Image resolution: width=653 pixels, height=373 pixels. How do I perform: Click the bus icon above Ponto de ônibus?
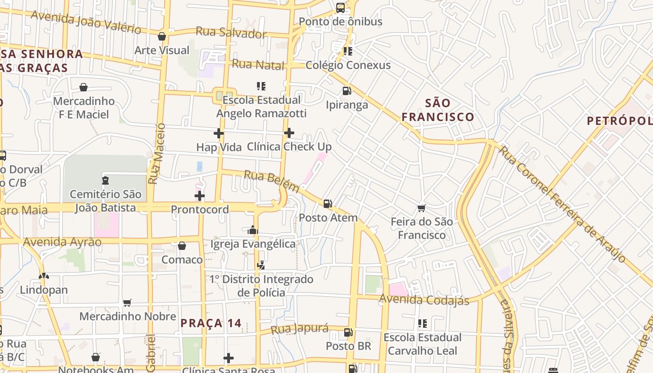pyautogui.click(x=340, y=7)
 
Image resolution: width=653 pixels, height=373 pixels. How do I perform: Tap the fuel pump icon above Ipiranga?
pyautogui.click(x=347, y=90)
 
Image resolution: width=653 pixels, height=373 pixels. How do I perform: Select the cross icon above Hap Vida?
pyautogui.click(x=218, y=133)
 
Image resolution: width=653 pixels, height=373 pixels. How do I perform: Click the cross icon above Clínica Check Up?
pyautogui.click(x=289, y=133)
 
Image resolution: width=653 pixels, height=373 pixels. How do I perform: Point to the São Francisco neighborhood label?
pyautogui.click(x=438, y=110)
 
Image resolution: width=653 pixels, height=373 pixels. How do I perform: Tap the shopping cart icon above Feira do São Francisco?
pyautogui.click(x=422, y=208)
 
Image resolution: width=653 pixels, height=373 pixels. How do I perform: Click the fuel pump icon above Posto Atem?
pyautogui.click(x=328, y=203)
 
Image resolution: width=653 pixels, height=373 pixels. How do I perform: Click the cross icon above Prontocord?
pyautogui.click(x=200, y=195)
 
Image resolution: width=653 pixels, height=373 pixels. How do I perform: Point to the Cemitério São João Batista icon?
pyautogui.click(x=105, y=180)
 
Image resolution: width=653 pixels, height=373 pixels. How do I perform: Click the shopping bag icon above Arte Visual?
pyautogui.click(x=162, y=36)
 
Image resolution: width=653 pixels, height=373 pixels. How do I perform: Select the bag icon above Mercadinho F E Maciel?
pyautogui.click(x=83, y=87)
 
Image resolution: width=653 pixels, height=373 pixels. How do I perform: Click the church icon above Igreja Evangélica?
pyautogui.click(x=253, y=230)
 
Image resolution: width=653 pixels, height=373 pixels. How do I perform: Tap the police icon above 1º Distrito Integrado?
pyautogui.click(x=261, y=265)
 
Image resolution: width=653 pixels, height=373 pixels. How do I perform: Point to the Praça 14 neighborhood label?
pyautogui.click(x=211, y=323)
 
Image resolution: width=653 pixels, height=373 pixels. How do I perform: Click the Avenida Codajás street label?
pyautogui.click(x=424, y=300)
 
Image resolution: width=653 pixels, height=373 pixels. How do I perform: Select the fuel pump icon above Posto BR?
pyautogui.click(x=348, y=332)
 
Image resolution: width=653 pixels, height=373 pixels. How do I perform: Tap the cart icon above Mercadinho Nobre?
pyautogui.click(x=127, y=303)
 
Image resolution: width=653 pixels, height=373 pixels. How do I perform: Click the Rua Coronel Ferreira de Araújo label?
pyautogui.click(x=562, y=204)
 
